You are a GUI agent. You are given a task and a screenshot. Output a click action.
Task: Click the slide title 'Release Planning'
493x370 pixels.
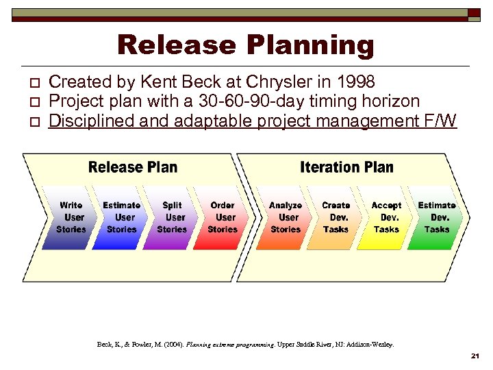click(x=246, y=45)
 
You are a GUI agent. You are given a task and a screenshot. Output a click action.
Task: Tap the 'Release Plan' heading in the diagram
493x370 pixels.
click(x=133, y=167)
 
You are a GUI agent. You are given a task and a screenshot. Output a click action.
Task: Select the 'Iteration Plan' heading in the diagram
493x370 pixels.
click(x=346, y=167)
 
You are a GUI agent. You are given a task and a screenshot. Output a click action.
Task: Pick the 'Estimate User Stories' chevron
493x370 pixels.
click(x=121, y=217)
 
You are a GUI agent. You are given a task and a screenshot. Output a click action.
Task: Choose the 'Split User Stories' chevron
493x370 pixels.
click(x=172, y=217)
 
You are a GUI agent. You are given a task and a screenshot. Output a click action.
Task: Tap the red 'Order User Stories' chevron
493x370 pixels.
click(x=223, y=217)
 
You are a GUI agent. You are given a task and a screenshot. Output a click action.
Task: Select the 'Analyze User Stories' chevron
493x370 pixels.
click(x=286, y=217)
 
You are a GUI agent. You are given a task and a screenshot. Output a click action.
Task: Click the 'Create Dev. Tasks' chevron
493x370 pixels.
click(x=336, y=217)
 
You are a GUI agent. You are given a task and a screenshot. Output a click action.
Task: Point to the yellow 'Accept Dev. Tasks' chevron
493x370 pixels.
click(x=386, y=217)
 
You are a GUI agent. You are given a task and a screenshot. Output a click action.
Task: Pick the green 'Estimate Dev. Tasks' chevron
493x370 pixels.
click(x=437, y=217)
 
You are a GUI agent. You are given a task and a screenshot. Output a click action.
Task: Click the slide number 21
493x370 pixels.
click(x=476, y=357)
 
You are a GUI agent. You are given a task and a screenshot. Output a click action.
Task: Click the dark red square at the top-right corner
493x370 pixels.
click(x=474, y=13)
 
